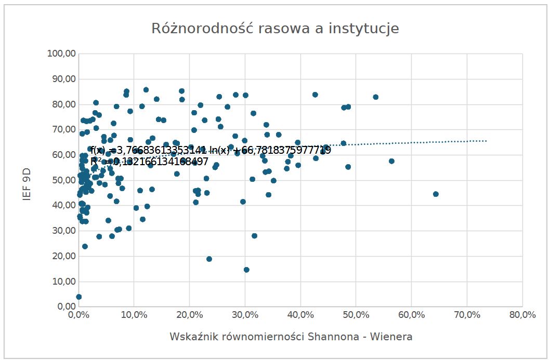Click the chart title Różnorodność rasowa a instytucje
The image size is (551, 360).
point(275,29)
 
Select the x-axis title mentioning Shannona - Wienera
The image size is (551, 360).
point(291,337)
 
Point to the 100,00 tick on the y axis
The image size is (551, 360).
point(62,54)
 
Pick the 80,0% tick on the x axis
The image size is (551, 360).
point(522,315)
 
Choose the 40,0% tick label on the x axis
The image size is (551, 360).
point(300,315)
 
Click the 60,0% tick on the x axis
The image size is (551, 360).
point(411,315)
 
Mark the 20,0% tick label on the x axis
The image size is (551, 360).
point(189,315)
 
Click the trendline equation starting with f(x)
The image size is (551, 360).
point(211,151)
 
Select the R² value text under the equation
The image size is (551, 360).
point(149,162)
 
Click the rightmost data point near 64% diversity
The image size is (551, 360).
point(436,194)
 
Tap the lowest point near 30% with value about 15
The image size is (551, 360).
point(246,270)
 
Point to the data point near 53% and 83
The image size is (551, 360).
point(375,97)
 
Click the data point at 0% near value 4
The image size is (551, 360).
point(79,297)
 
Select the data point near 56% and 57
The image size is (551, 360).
point(391,161)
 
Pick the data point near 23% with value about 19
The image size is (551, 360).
point(209,259)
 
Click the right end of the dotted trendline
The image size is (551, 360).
point(486,141)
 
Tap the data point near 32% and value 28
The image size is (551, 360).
point(254,236)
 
